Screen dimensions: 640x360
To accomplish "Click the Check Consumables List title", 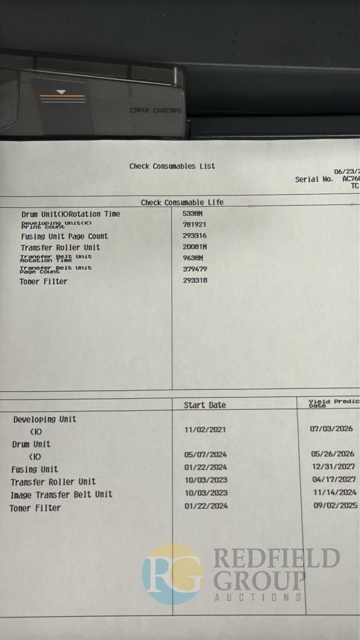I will click(172, 166).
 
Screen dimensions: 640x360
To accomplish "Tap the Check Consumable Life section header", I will click(182, 202).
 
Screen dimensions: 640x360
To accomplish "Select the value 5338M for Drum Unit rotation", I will click(192, 213).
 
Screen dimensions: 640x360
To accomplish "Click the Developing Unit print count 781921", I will click(194, 224).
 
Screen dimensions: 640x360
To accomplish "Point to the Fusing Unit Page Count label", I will click(64, 236).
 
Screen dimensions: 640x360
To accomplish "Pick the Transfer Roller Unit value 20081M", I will click(194, 246).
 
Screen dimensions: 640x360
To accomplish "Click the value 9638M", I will click(192, 258).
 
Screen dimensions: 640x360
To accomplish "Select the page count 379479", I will click(195, 269).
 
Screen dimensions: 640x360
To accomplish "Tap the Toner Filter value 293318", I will click(195, 280).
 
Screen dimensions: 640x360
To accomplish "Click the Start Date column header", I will click(204, 405).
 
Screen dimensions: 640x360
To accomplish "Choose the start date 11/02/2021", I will click(205, 429).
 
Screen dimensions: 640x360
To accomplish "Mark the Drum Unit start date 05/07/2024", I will click(205, 454).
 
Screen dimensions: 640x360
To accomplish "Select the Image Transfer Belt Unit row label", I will click(61, 494).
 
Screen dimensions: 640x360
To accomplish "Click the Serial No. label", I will click(313, 179).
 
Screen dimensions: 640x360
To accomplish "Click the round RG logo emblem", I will click(172, 574).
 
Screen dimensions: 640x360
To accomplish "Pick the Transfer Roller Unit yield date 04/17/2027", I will click(333, 479).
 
